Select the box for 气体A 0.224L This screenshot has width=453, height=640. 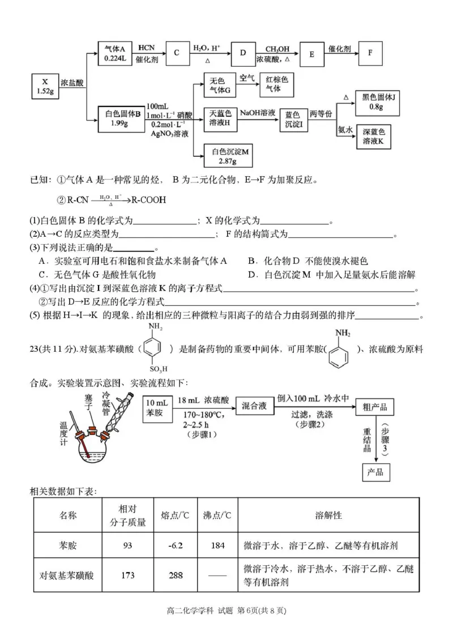tap(114, 53)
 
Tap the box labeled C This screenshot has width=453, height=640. tap(177, 53)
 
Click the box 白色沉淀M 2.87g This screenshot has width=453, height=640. tap(230, 156)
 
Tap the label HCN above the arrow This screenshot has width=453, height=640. tap(146, 47)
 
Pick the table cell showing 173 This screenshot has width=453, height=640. tap(128, 575)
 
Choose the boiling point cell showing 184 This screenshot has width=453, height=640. tap(217, 546)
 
